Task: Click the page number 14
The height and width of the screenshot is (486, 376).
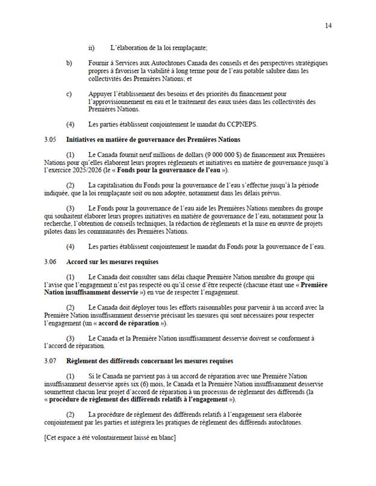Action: (x=328, y=25)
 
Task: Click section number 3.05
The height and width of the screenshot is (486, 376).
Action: (x=50, y=139)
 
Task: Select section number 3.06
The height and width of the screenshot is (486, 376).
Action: (x=50, y=262)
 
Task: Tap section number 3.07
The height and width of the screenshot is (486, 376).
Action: (x=50, y=361)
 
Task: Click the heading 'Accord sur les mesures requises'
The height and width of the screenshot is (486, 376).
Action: (x=114, y=262)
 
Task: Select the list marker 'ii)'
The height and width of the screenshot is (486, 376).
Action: (x=92, y=48)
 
